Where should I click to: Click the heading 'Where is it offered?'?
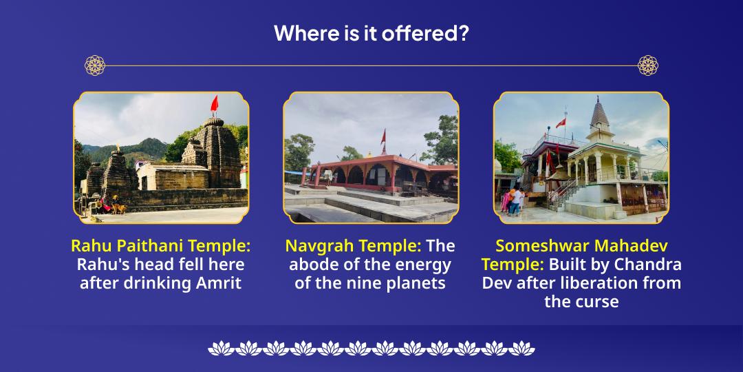pyautogui.click(x=371, y=33)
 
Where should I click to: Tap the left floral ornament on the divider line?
pyautogui.click(x=95, y=65)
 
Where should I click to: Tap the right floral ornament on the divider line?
pyautogui.click(x=647, y=65)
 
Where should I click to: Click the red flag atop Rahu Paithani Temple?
pyautogui.click(x=214, y=104)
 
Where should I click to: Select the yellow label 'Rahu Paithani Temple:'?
pyautogui.click(x=160, y=246)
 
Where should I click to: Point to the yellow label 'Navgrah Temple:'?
pyautogui.click(x=353, y=246)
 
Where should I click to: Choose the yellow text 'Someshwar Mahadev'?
pyautogui.click(x=581, y=246)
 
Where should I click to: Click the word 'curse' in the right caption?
pyautogui.click(x=599, y=302)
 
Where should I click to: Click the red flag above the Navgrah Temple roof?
pyautogui.click(x=383, y=136)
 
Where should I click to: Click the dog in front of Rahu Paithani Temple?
pyautogui.click(x=119, y=207)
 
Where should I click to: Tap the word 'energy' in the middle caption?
pyautogui.click(x=425, y=265)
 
